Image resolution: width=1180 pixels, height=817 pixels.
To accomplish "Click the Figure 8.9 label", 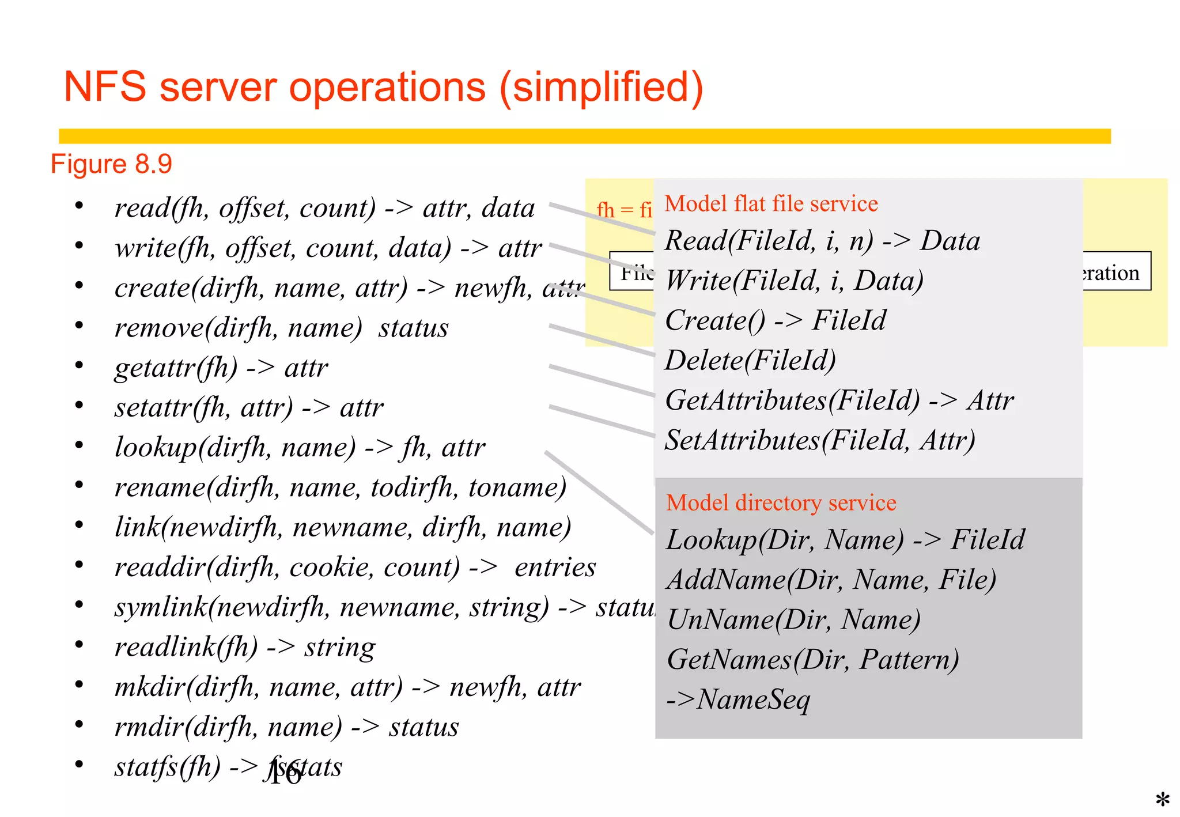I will pos(111,164).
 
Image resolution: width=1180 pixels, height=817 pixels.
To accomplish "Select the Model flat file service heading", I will pos(771,203).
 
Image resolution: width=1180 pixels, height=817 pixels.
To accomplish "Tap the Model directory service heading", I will pos(781,502).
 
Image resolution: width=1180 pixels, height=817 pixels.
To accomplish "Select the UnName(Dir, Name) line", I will pos(793,620).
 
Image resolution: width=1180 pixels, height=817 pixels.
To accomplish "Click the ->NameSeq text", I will pos(738,700).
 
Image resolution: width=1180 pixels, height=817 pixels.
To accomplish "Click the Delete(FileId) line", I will pos(750,361).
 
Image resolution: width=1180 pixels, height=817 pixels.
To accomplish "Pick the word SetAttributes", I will pos(742,441).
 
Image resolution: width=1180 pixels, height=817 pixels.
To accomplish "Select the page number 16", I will pos(284,773).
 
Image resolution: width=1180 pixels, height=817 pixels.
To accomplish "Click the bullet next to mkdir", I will pos(79,684).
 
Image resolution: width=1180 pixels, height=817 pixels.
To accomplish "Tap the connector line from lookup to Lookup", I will pos(599,493).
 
